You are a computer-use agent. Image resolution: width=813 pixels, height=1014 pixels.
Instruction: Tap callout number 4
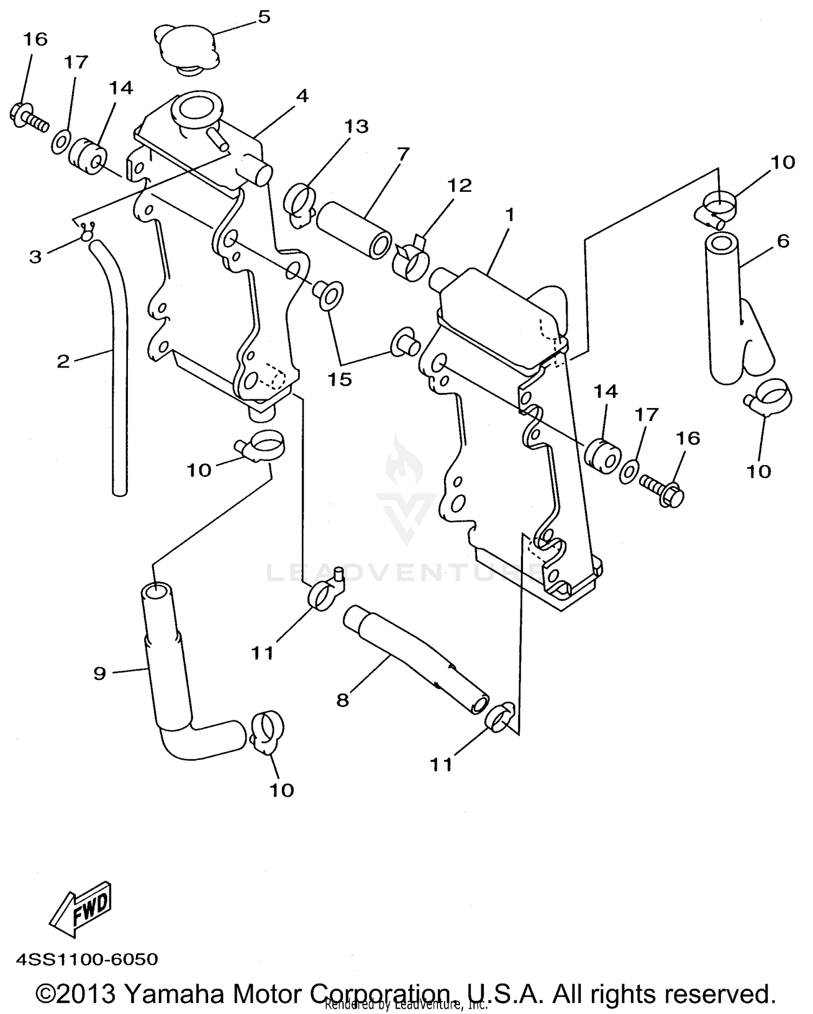tap(302, 96)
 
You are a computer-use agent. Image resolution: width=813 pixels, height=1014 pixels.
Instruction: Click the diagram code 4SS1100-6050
tap(87, 959)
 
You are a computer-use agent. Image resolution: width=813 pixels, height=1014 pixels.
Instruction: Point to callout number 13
tap(356, 126)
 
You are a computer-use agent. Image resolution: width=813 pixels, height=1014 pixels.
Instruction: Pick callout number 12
tap(459, 185)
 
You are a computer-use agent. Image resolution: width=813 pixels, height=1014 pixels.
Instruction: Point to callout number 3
tap(35, 256)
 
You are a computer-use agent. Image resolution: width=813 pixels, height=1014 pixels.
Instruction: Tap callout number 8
tap(342, 700)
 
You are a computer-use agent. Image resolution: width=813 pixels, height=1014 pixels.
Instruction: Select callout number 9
tap(99, 674)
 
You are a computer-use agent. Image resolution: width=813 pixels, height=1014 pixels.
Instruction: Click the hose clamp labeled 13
tap(299, 205)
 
